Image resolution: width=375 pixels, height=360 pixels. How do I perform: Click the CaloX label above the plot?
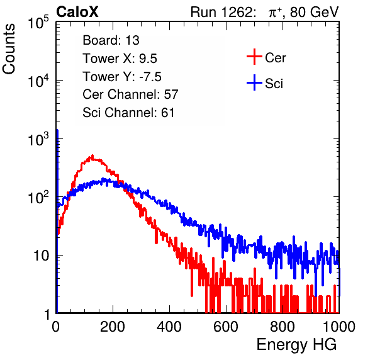point(77,12)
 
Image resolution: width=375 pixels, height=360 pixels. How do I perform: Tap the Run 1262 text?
point(221,12)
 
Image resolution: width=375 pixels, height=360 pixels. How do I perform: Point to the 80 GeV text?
point(315,12)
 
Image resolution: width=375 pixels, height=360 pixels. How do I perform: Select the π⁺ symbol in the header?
point(275,13)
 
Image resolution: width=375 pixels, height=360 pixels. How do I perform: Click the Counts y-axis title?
point(9,49)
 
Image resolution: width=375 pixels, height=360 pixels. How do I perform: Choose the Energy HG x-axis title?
point(296,344)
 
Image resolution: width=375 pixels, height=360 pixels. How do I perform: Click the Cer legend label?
point(275,58)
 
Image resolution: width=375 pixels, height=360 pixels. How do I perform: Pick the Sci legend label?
point(274,84)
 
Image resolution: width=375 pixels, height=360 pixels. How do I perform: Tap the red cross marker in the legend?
point(254,57)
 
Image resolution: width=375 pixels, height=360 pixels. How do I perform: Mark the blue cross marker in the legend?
point(254,82)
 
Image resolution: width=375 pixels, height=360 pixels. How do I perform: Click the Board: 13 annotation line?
point(111,40)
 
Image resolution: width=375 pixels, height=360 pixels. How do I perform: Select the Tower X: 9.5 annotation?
point(120,59)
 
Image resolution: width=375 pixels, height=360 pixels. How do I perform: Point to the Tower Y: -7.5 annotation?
point(122,77)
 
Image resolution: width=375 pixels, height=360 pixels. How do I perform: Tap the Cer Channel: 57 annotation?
point(130,94)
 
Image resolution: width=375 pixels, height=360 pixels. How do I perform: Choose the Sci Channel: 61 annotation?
point(128,113)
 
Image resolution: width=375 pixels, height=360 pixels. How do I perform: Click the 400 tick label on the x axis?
point(169,327)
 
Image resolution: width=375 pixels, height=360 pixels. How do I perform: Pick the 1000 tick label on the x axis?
point(339,327)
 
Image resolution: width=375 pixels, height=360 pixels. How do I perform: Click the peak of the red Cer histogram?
point(92,155)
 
